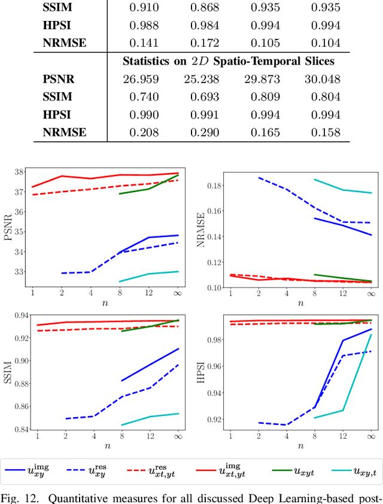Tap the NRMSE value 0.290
click(x=206, y=132)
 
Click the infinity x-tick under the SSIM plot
click(x=178, y=438)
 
